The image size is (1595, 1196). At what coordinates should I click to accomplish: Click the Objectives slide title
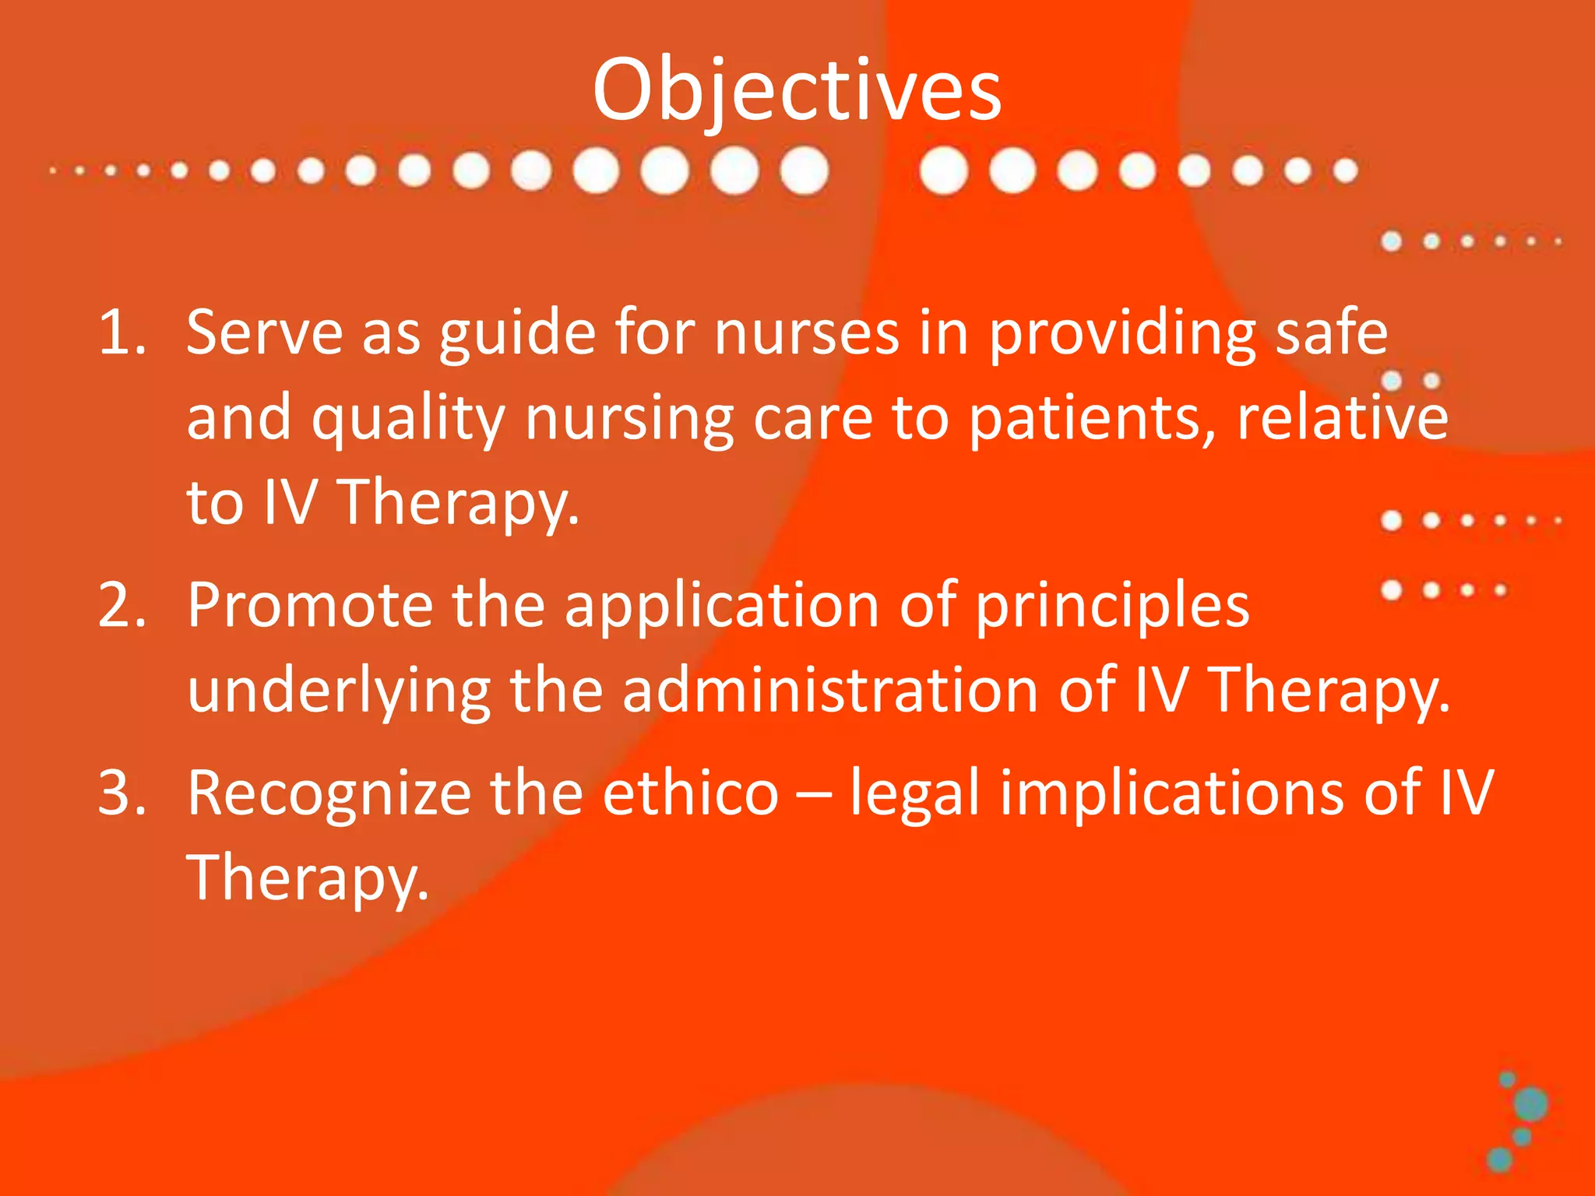797,92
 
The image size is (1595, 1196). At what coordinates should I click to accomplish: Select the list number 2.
122,606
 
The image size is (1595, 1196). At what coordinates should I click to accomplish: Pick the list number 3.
122,793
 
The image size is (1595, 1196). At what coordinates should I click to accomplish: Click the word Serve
265,333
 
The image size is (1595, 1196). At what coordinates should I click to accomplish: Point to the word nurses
807,333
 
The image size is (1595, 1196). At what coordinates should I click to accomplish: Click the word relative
1343,419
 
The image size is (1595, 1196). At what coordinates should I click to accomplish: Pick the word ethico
691,793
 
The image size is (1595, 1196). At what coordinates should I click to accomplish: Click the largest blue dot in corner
1531,1104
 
